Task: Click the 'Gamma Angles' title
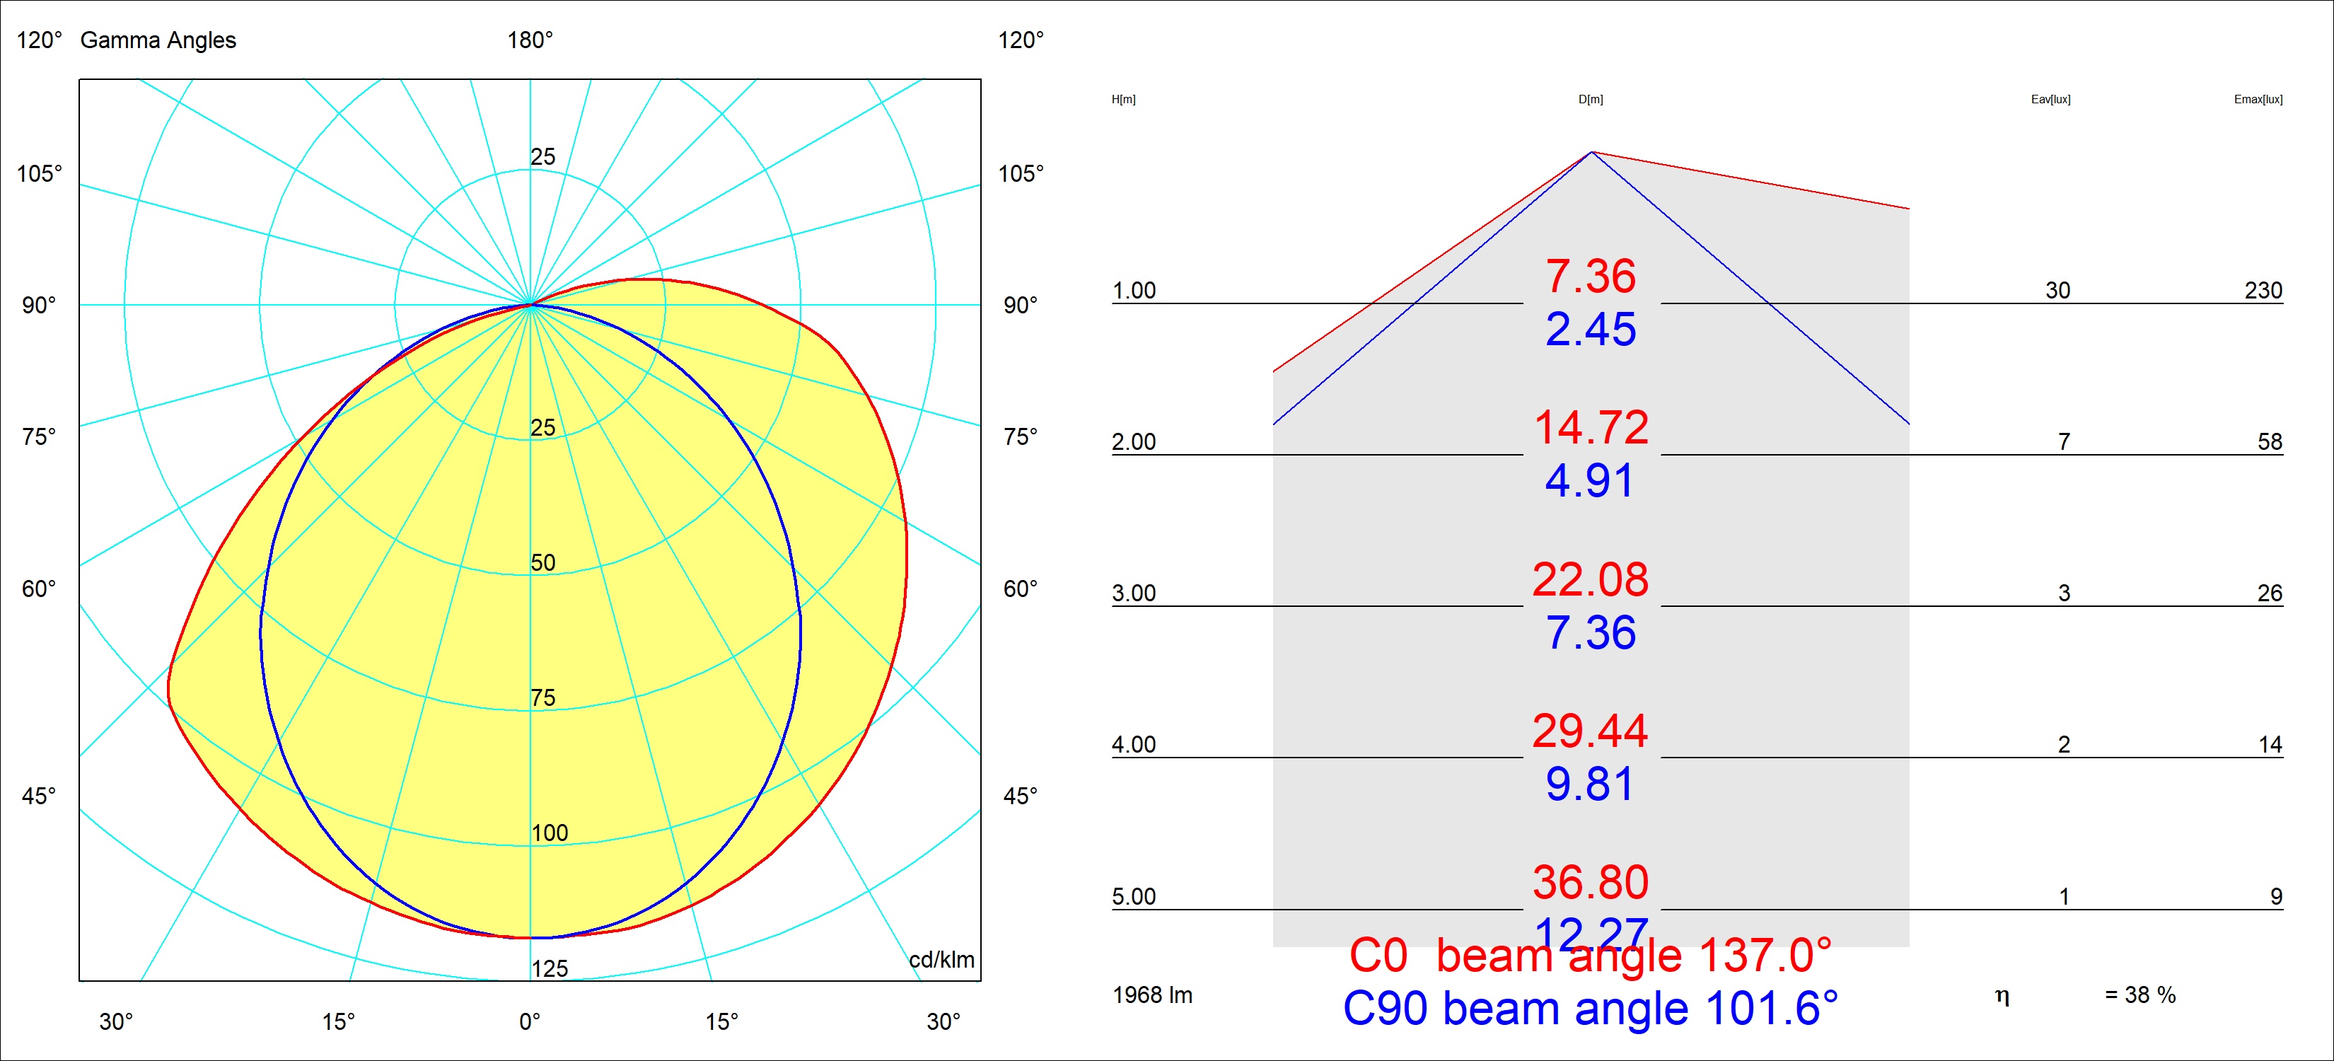(158, 40)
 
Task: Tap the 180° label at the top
(530, 40)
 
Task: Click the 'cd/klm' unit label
(941, 960)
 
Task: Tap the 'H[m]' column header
(1124, 100)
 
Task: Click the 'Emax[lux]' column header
(2258, 100)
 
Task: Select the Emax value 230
(2263, 291)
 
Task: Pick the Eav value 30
(2057, 291)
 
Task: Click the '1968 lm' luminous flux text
(1153, 995)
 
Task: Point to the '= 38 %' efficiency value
(2140, 995)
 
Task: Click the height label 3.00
(1134, 593)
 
